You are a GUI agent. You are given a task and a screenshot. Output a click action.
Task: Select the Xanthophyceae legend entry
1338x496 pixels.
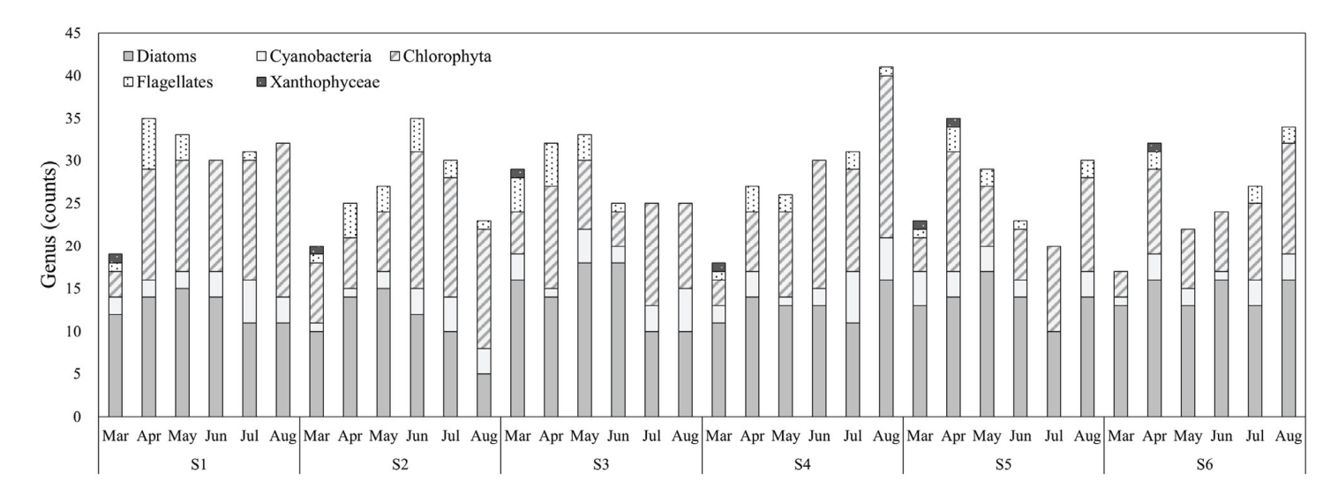click(322, 83)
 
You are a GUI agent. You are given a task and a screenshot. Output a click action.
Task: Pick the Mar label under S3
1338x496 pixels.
click(517, 436)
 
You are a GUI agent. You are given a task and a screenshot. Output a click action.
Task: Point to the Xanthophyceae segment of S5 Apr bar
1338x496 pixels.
click(953, 123)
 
